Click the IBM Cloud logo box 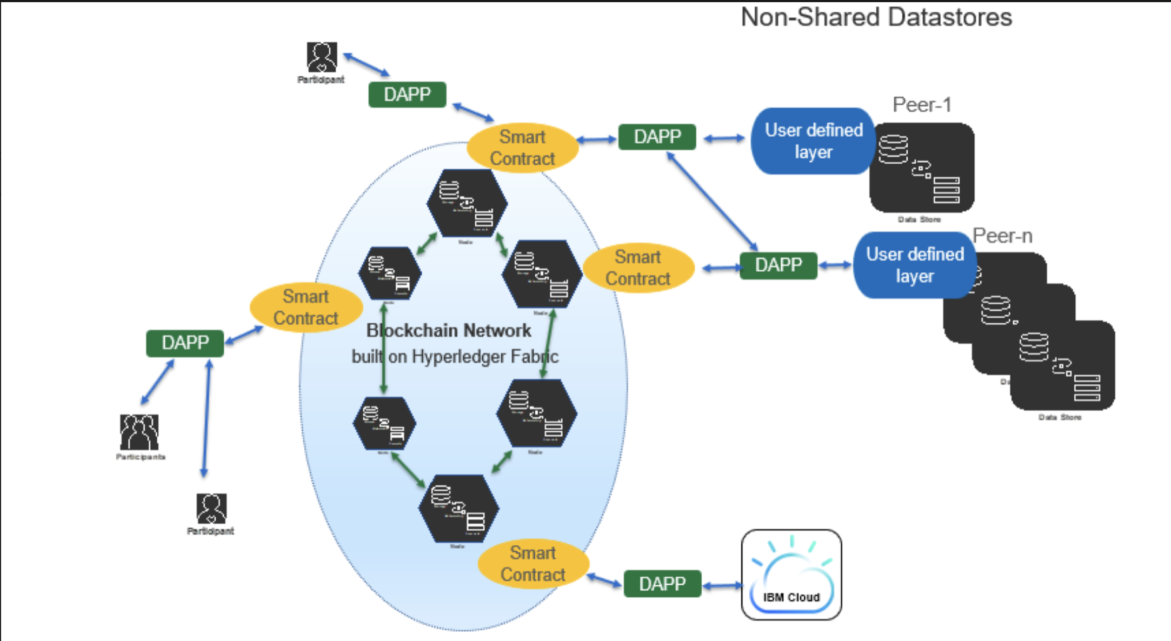pyautogui.click(x=791, y=575)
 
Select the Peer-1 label pyautogui.click(x=921, y=104)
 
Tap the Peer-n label pyautogui.click(x=1002, y=236)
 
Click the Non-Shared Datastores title pyautogui.click(x=876, y=17)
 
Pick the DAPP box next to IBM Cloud pyautogui.click(x=662, y=584)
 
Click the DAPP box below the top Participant pyautogui.click(x=407, y=95)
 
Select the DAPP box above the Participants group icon pyautogui.click(x=185, y=343)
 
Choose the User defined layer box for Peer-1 pyautogui.click(x=813, y=141)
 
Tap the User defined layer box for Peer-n pyautogui.click(x=915, y=265)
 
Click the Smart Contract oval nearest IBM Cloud pyautogui.click(x=533, y=564)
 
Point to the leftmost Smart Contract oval pyautogui.click(x=306, y=308)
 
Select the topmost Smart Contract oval pyautogui.click(x=522, y=148)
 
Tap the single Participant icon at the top pyautogui.click(x=322, y=57)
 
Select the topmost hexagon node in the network pyautogui.click(x=467, y=203)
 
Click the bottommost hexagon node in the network pyautogui.click(x=458, y=509)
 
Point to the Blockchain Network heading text pyautogui.click(x=449, y=330)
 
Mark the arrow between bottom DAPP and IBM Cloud pyautogui.click(x=722, y=585)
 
